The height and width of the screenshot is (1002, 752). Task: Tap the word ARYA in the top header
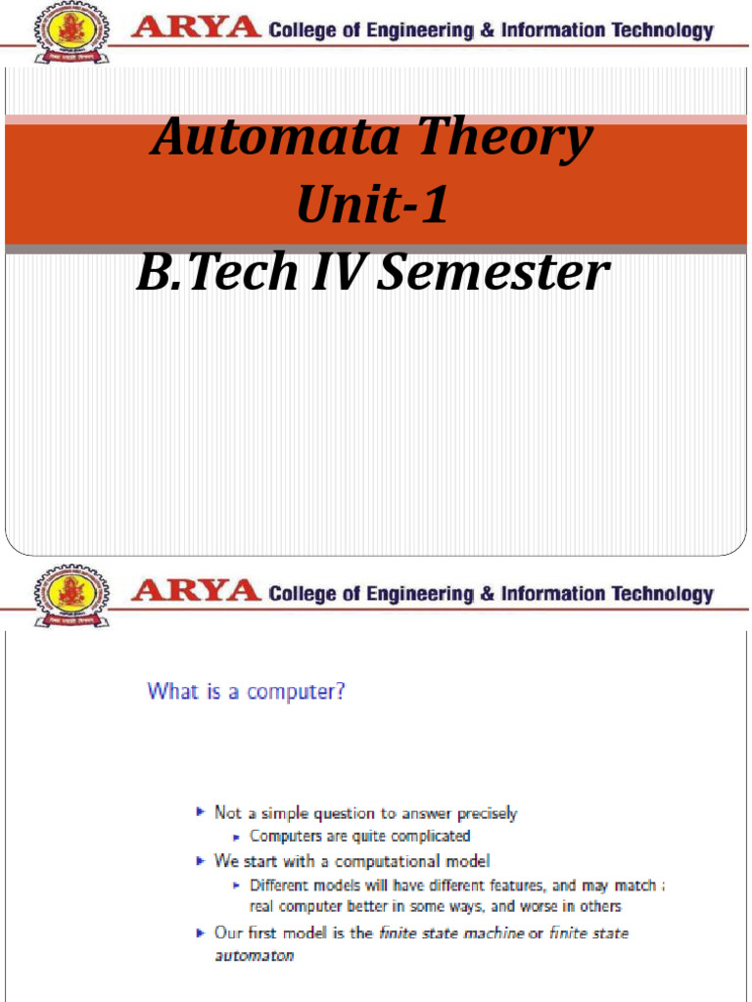click(x=196, y=28)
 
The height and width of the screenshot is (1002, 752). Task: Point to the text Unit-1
click(x=373, y=206)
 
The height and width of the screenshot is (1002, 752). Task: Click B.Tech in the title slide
click(x=216, y=273)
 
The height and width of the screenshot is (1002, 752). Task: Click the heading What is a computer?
click(x=246, y=692)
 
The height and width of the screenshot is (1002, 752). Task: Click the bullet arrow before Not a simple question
click(x=201, y=812)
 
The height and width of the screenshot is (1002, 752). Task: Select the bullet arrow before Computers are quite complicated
click(x=237, y=836)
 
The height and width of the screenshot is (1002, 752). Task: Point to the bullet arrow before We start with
click(x=201, y=860)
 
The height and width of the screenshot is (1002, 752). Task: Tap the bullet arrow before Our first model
click(x=201, y=933)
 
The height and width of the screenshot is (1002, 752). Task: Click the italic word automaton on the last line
click(x=255, y=955)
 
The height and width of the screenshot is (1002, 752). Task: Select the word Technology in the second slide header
click(x=662, y=593)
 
